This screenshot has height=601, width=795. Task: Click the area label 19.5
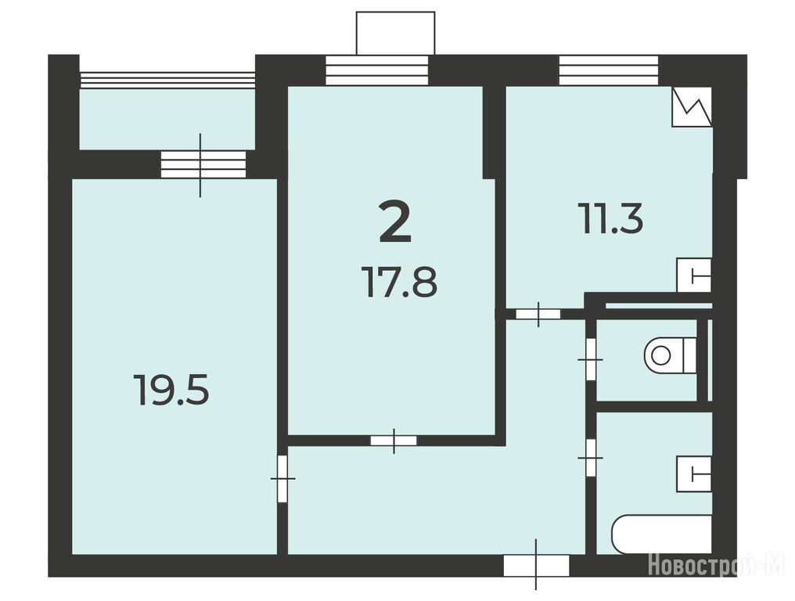pos(171,389)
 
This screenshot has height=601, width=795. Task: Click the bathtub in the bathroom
pos(662,535)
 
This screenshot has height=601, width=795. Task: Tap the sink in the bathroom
pos(694,473)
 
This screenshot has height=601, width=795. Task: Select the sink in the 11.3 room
pos(694,275)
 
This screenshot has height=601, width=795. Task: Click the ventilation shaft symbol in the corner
pos(692,106)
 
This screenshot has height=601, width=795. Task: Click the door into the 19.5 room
pos(282,479)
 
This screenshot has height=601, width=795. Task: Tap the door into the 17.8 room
pos(394,441)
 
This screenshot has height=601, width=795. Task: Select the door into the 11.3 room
pos(538,314)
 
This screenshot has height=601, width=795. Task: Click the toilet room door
pos(590,359)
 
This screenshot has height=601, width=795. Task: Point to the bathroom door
pos(590,458)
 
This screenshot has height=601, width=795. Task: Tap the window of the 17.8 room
pos(376,70)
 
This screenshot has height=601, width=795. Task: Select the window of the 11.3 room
pos(609,70)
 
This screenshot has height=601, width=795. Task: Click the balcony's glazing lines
pos(167,77)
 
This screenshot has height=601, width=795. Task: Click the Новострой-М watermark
pos(716,565)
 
